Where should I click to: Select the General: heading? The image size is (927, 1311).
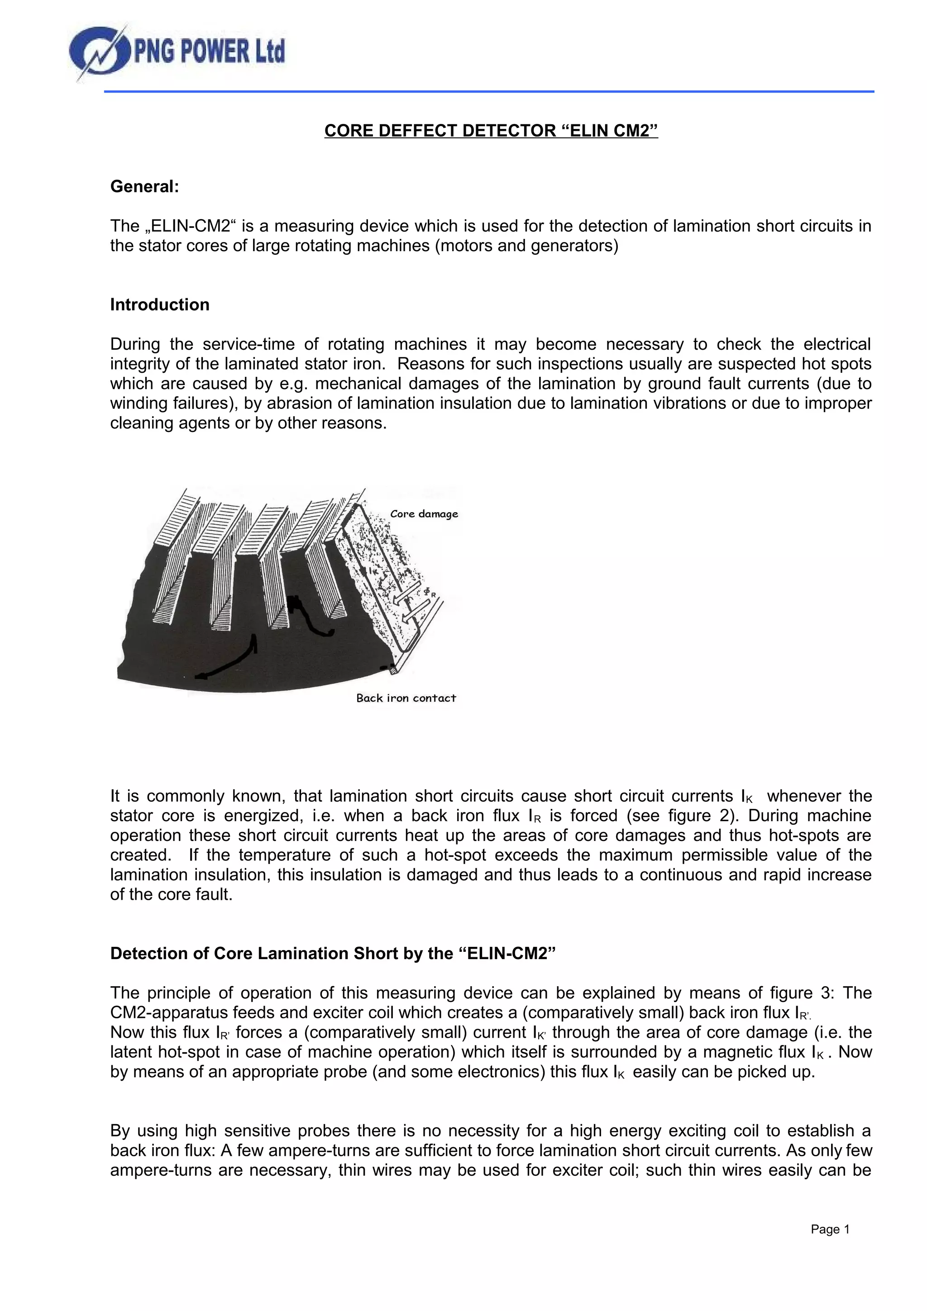pos(144,187)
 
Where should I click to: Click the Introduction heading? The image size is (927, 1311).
pos(159,305)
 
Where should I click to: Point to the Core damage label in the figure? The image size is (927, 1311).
pos(424,514)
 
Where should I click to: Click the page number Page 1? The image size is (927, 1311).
pos(830,1230)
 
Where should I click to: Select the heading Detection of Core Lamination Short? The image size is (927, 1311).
pos(332,954)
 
